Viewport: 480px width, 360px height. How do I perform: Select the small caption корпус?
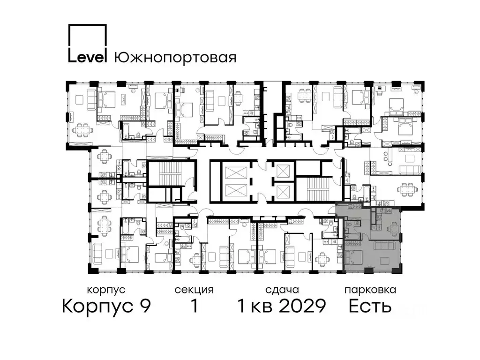coord(106,290)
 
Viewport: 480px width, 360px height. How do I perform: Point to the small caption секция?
coord(194,290)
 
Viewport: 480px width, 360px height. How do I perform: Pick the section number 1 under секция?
coord(194,307)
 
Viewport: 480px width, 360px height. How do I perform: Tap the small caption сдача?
coord(281,290)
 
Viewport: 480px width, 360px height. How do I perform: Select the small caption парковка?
coord(370,290)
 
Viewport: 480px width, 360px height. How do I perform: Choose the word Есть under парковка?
coord(370,307)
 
